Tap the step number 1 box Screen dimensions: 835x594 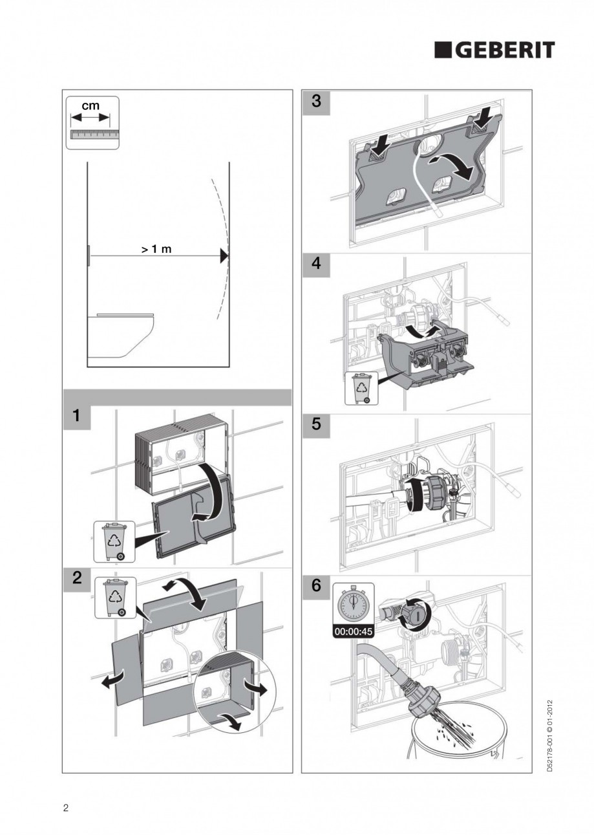coord(76,417)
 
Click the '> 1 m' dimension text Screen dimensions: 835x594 coord(156,249)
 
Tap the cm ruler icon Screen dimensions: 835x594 coord(92,123)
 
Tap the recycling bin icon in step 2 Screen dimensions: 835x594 coord(116,597)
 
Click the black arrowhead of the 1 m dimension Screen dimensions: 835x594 coord(224,256)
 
